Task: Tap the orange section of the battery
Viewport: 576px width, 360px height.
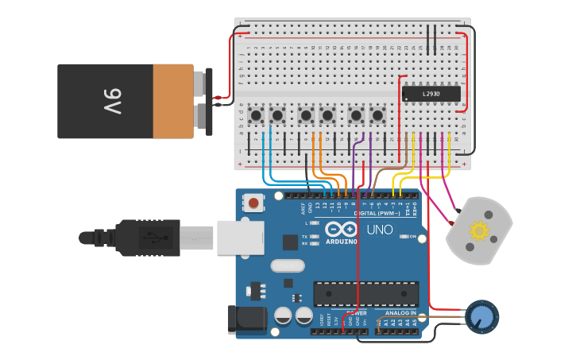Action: pyautogui.click(x=173, y=101)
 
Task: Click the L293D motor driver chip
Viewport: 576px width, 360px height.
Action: pyautogui.click(x=431, y=94)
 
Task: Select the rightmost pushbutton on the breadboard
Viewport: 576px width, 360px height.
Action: pyautogui.click(x=377, y=116)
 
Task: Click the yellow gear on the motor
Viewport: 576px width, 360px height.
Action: pyautogui.click(x=478, y=231)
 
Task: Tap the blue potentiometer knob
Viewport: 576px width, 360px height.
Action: pyautogui.click(x=481, y=316)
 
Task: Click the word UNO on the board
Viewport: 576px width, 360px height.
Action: pyautogui.click(x=379, y=230)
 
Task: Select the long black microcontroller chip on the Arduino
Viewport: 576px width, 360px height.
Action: pyautogui.click(x=365, y=293)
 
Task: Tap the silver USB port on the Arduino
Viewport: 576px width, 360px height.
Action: pyautogui.click(x=240, y=237)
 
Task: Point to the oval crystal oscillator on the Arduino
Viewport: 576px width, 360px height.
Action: pyautogui.click(x=287, y=266)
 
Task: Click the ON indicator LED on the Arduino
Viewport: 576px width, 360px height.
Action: pyautogui.click(x=404, y=236)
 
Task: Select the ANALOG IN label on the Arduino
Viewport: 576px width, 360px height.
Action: pyautogui.click(x=401, y=313)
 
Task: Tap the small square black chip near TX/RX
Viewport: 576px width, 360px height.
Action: pyautogui.click(x=291, y=242)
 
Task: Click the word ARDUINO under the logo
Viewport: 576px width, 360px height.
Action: pyautogui.click(x=342, y=241)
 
